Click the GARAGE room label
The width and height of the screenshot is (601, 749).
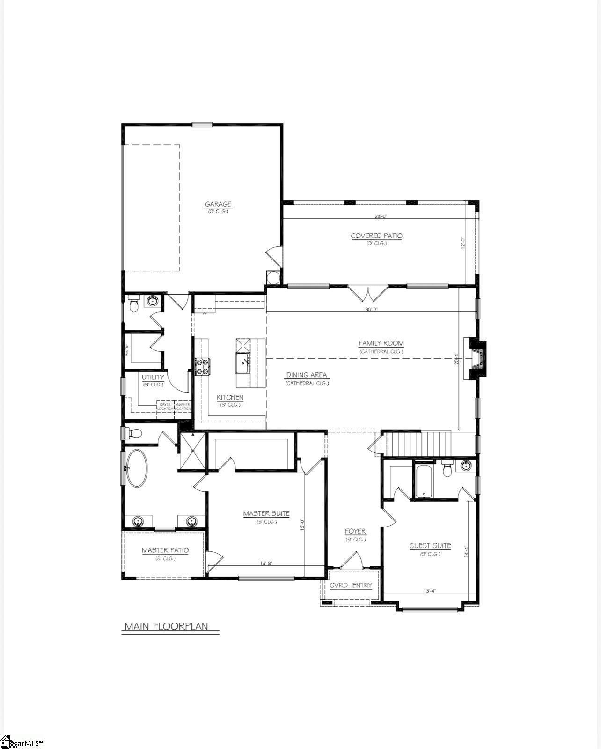point(218,204)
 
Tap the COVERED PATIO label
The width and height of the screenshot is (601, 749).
point(376,236)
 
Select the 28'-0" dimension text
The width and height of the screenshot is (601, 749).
point(381,216)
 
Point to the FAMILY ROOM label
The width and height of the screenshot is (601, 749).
point(381,343)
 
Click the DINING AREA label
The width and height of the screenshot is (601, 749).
point(307,375)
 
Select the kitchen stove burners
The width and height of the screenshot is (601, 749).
point(202,366)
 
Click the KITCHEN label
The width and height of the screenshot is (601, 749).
point(230,398)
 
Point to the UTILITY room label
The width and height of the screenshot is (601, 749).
point(153,378)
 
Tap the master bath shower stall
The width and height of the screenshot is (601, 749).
point(192,451)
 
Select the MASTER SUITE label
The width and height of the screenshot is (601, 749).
point(266,514)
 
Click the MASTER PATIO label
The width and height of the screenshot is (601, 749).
point(165,550)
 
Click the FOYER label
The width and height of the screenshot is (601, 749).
point(355,531)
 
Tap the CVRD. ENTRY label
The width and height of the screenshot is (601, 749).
point(351,586)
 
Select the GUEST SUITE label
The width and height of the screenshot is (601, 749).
point(430,546)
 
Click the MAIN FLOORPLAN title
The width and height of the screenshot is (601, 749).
point(166,627)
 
